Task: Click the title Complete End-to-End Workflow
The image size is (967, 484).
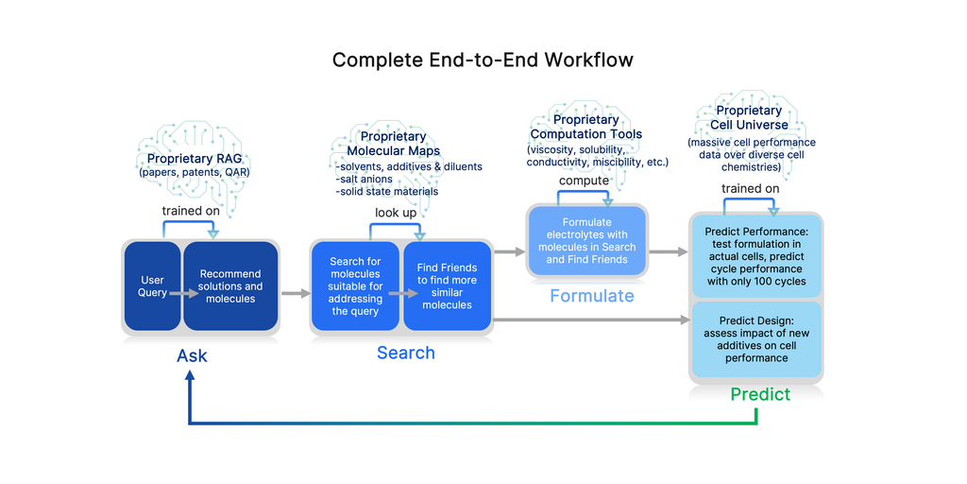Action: pos(483,60)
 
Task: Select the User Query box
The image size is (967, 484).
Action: pos(152,286)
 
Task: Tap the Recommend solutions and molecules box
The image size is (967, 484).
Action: pos(230,286)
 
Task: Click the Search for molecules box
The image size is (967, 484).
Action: pos(355,286)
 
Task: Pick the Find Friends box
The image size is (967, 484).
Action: pos(447,286)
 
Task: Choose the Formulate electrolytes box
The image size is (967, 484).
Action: pos(587,241)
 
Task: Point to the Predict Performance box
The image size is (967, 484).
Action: pos(755,255)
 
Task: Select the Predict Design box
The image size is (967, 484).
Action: pos(755,339)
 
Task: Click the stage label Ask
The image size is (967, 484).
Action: pos(192,356)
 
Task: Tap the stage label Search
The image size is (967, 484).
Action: pos(406,353)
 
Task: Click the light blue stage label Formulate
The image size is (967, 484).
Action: pos(592,296)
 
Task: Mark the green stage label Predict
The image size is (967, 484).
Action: pos(760,394)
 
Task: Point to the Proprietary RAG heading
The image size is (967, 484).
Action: pos(195,159)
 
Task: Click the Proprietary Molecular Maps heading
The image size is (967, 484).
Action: pos(393,144)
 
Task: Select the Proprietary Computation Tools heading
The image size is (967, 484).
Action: pos(585,127)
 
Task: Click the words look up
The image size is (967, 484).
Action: pos(395,213)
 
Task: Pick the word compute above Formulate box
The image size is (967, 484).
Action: pos(584,181)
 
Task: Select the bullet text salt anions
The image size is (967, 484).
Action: pos(366,180)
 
